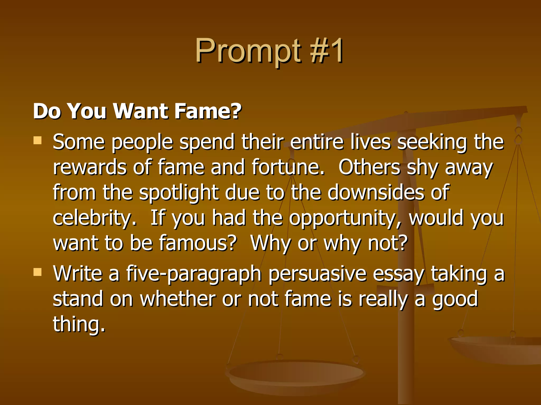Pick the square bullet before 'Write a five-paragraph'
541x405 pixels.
[38, 272]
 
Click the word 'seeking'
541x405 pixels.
[432, 143]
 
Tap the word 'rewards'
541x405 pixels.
[90, 167]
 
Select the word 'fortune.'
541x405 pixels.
[288, 167]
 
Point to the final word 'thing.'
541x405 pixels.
[79, 325]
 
